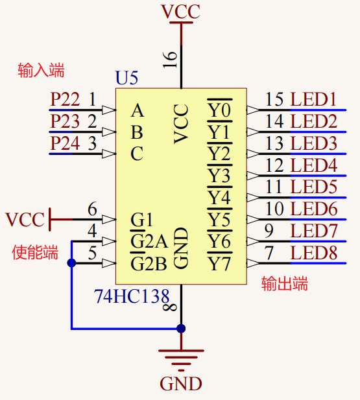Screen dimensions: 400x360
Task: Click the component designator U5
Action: click(x=126, y=78)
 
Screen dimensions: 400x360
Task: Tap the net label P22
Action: click(x=65, y=100)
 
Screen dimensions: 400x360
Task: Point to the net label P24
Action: click(x=65, y=143)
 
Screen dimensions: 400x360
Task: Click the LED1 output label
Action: click(x=313, y=100)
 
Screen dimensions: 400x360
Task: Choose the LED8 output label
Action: click(x=313, y=253)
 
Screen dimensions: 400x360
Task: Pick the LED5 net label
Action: click(x=313, y=187)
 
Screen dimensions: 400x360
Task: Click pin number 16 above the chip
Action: click(x=170, y=59)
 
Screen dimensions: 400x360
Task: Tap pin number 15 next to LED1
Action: click(x=274, y=100)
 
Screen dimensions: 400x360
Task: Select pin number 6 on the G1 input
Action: click(x=92, y=209)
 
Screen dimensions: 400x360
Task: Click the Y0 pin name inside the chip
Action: click(x=219, y=111)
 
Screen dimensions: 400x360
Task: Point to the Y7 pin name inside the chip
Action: click(x=219, y=264)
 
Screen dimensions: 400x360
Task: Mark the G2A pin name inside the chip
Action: click(x=149, y=242)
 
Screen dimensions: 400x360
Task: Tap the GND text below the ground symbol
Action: click(x=181, y=384)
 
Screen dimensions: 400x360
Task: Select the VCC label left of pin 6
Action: click(x=25, y=220)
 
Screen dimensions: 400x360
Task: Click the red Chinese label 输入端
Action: click(x=41, y=71)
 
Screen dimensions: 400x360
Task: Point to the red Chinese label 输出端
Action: click(x=284, y=284)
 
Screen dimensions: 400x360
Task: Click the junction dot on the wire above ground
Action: click(x=181, y=329)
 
